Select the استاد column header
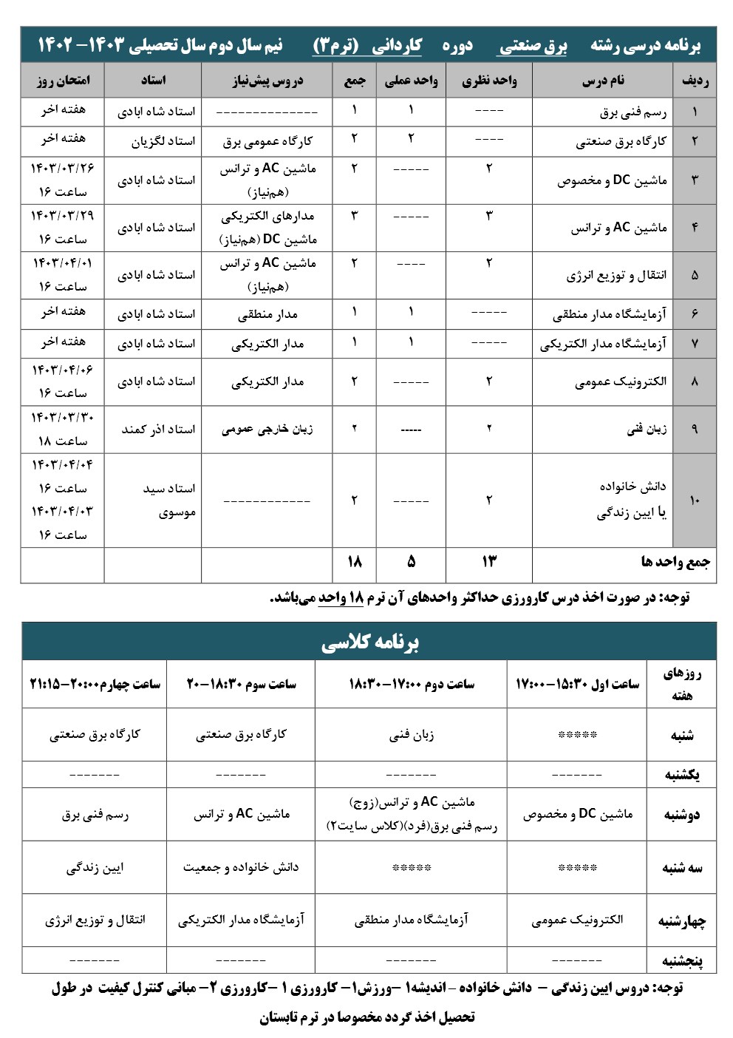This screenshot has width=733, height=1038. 153,81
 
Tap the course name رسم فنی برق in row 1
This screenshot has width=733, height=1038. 633,112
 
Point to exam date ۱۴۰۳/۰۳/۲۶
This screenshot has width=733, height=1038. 63,168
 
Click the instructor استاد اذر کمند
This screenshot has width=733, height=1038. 158,429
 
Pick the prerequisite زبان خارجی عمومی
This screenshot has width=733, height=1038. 267,429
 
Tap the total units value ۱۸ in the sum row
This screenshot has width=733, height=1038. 354,562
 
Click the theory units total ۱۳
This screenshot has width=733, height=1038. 488,562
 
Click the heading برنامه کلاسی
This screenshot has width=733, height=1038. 369,642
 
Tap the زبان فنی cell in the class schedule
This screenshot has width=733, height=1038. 411,735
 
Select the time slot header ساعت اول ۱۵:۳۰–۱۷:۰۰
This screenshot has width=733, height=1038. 576,685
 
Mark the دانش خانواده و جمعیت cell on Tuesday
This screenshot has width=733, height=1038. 241,867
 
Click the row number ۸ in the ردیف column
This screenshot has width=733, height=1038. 694,382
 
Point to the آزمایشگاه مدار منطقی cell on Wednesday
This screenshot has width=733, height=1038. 411,920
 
